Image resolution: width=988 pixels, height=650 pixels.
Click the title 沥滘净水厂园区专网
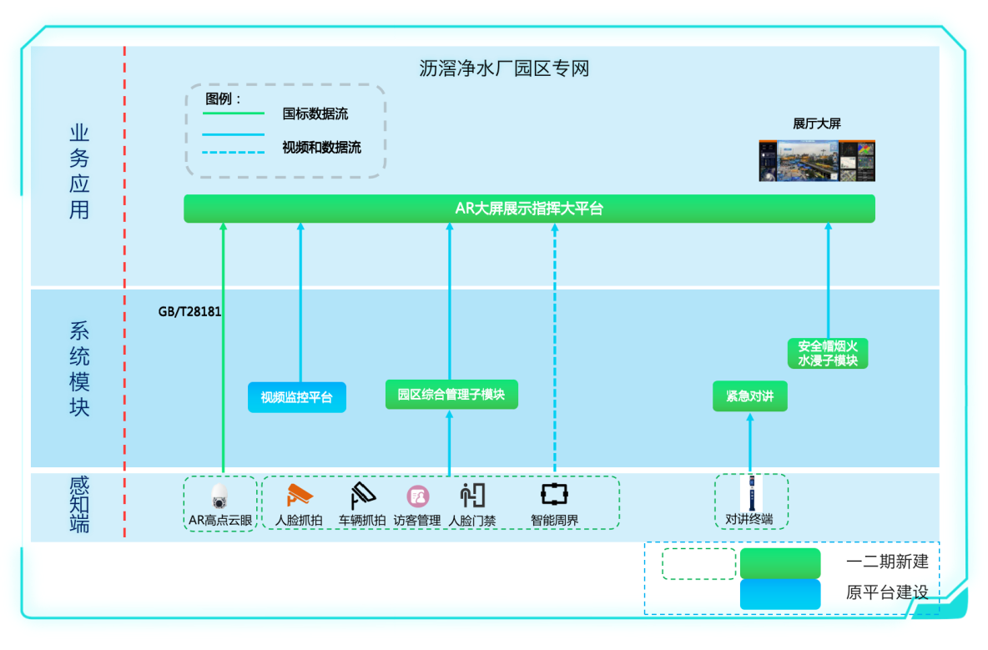pyautogui.click(x=504, y=68)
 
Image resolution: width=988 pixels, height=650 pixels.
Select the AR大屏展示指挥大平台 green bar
pyautogui.click(x=529, y=209)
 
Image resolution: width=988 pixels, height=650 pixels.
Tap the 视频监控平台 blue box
pyautogui.click(x=296, y=397)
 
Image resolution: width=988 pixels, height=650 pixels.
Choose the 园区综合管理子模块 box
pyautogui.click(x=451, y=395)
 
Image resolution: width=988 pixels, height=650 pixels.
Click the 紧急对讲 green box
pyautogui.click(x=749, y=396)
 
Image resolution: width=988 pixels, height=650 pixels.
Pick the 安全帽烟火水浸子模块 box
pyautogui.click(x=828, y=353)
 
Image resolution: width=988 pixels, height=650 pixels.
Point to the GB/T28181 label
pyautogui.click(x=189, y=312)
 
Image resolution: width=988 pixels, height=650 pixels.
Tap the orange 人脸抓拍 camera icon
pyautogui.click(x=299, y=495)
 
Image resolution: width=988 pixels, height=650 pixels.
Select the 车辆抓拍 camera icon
pyautogui.click(x=362, y=496)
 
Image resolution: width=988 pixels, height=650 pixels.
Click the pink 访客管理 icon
pyautogui.click(x=417, y=496)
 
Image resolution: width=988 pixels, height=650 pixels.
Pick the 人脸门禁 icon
pyautogui.click(x=472, y=495)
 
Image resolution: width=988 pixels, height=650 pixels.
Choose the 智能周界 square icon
pyautogui.click(x=554, y=494)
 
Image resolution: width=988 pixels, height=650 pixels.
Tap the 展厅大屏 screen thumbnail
pyautogui.click(x=817, y=160)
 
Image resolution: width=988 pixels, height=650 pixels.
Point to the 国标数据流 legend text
pyautogui.click(x=315, y=114)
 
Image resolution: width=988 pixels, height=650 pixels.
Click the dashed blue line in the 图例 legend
pyautogui.click(x=234, y=152)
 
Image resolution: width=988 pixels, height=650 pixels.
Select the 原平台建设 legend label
pyautogui.click(x=887, y=592)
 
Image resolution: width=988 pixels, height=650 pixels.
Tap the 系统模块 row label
pyautogui.click(x=79, y=369)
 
